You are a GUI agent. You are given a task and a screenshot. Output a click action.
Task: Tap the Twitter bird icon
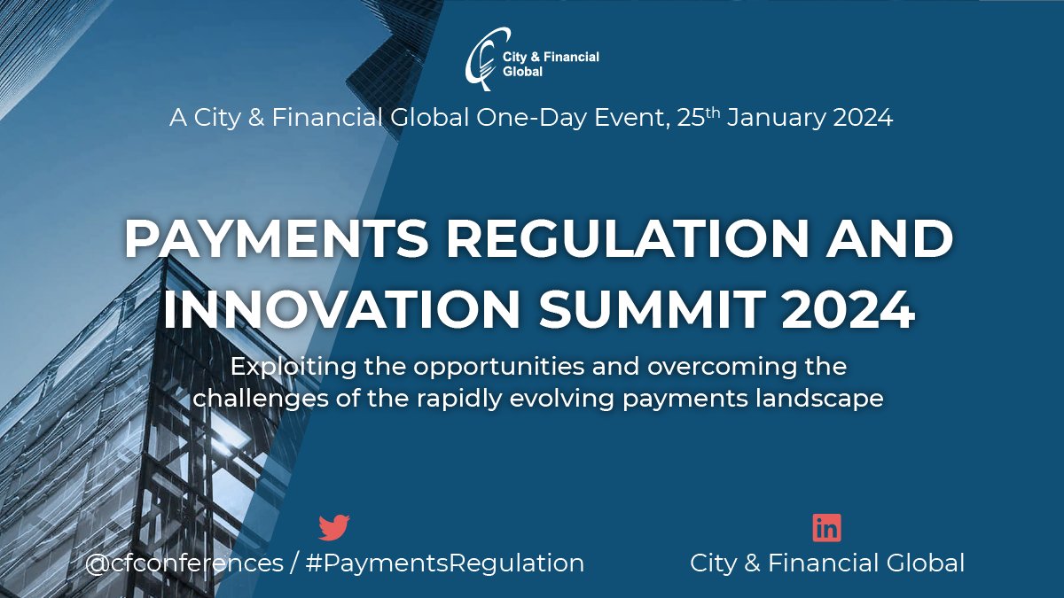coord(334,528)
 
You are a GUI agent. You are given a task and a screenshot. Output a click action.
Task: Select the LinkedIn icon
coord(826,528)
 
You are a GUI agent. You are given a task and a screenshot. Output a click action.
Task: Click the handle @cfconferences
coord(184,563)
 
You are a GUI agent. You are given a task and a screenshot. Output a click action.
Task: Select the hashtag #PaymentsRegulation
coord(444,563)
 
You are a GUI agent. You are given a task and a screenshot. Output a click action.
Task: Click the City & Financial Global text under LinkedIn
coord(827,563)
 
